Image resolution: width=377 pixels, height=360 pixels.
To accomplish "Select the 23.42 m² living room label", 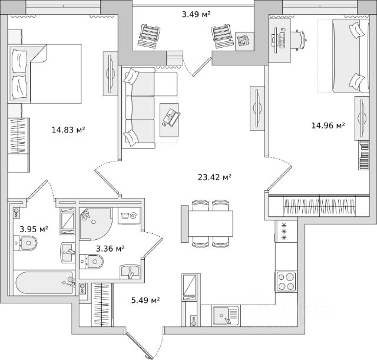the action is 213,176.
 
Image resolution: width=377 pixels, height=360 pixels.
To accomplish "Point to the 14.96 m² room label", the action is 328,125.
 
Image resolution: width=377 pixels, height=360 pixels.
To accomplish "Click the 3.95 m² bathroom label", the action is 34,229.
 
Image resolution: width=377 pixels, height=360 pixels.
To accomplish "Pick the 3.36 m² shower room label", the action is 110,249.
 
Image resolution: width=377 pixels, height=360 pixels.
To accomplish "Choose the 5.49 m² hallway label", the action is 145,300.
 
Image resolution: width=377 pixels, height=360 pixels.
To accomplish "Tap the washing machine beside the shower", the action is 128,216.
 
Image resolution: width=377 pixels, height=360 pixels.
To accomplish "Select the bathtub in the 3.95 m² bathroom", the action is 41,283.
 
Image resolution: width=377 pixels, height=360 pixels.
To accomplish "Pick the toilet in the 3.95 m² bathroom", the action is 26,242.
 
